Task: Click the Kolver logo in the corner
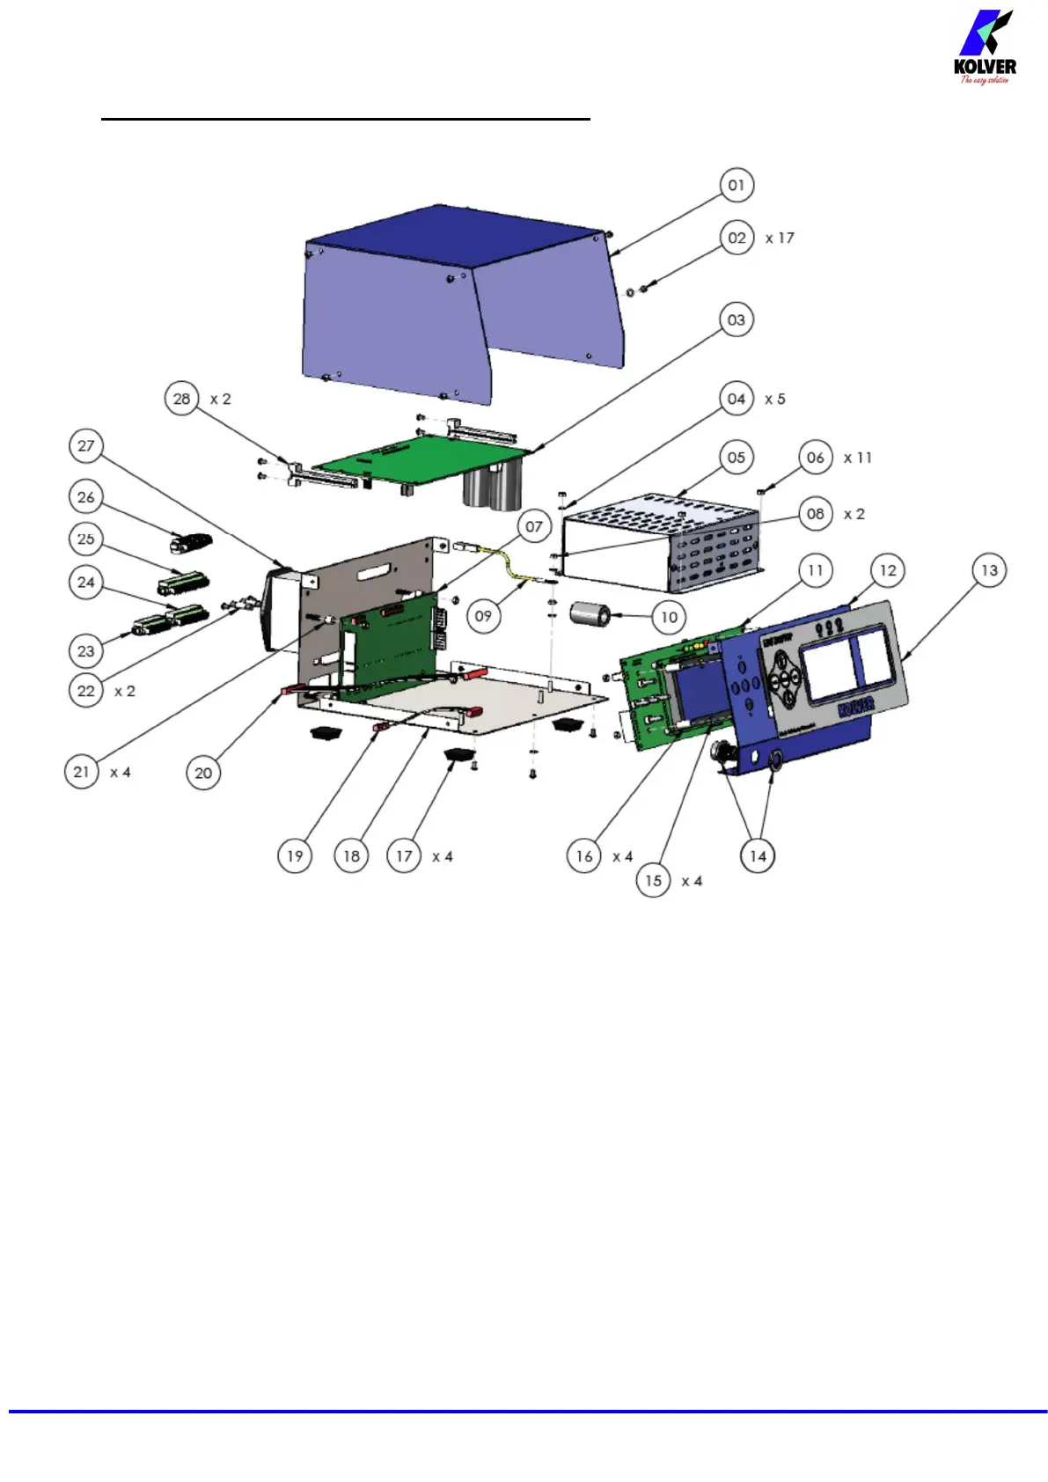point(985,48)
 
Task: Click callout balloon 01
point(737,186)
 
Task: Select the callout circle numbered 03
point(737,320)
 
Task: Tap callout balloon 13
point(989,570)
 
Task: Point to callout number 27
point(85,445)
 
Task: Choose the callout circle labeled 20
point(203,773)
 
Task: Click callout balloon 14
point(758,855)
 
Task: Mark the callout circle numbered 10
point(670,617)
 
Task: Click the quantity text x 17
point(780,238)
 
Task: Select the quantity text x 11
point(857,458)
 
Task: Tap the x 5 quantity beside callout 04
point(774,399)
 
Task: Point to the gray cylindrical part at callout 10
point(590,614)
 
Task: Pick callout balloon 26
point(85,497)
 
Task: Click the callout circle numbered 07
point(534,527)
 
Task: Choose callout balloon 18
point(351,855)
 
